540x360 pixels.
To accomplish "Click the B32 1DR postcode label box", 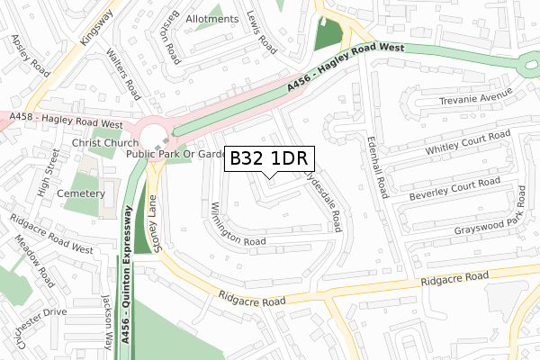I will tap(268, 158).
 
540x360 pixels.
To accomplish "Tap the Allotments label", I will tap(211, 18).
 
